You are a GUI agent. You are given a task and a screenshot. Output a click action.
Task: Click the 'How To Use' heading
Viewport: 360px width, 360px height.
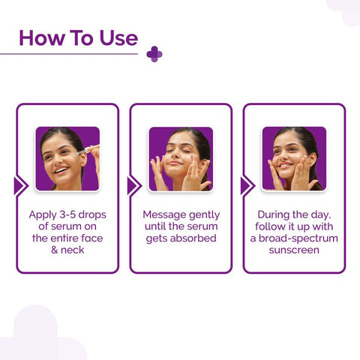point(78,37)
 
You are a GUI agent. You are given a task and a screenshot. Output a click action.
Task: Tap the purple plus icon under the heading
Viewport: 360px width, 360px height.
point(154,54)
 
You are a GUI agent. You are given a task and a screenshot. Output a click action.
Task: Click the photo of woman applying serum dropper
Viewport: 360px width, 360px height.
point(67,158)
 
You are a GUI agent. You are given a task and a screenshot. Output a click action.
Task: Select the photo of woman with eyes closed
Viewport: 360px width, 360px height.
point(181,158)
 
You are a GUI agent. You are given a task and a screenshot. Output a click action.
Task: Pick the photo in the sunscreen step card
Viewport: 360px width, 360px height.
point(294,158)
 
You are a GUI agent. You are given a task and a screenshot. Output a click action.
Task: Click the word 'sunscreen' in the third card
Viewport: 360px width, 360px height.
point(294,250)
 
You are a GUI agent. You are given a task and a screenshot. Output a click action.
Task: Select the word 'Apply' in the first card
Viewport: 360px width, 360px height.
point(43,214)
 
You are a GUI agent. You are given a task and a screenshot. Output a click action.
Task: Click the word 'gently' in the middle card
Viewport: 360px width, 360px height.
point(205,214)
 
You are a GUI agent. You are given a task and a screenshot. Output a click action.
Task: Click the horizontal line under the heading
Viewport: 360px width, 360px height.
point(71,54)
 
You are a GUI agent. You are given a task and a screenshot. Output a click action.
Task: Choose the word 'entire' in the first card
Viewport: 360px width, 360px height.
point(67,238)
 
